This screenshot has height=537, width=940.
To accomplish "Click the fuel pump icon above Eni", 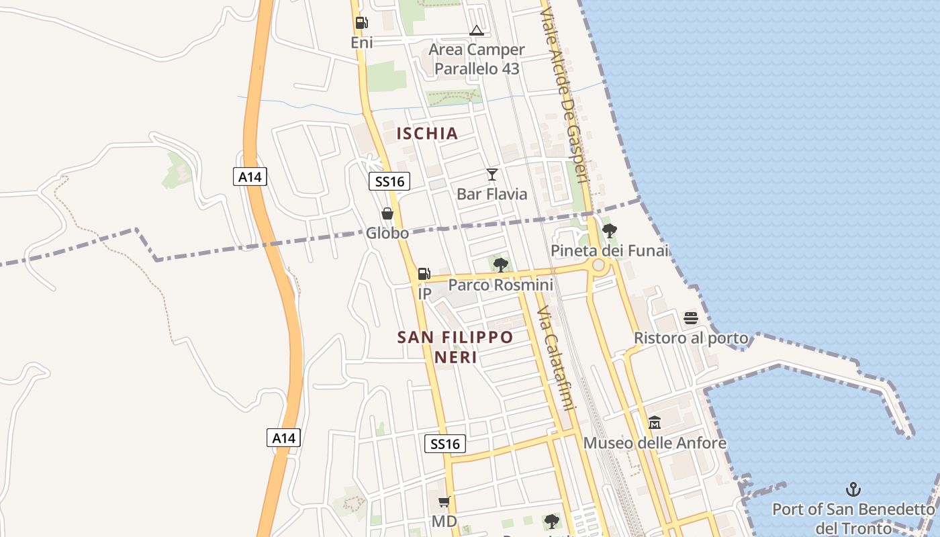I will point(361,23).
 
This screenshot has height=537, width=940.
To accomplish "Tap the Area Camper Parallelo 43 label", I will point(477,59).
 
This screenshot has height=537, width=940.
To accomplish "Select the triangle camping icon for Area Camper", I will point(476,30).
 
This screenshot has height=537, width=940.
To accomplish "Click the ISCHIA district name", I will point(427,133).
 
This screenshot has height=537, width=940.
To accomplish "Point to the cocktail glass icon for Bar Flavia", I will point(492,175).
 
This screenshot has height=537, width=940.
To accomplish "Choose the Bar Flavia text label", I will point(492,194).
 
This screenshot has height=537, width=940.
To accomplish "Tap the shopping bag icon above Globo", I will point(387,214).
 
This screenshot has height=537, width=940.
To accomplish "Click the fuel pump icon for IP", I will point(424,274).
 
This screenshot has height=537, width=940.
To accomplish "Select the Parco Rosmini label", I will point(501,285).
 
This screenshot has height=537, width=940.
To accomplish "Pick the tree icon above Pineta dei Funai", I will point(610,232).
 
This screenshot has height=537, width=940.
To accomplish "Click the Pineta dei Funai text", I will point(610,251).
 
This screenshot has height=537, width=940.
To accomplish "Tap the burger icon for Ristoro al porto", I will point(691,318).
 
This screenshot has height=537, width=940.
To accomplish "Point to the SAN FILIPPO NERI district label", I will point(455,346).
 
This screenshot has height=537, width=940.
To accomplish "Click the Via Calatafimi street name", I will point(557,359).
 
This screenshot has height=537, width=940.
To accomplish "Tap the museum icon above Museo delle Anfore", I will point(655,423).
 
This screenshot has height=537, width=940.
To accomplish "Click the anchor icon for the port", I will point(853,489).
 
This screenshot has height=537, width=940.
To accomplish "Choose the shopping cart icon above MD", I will point(444,502).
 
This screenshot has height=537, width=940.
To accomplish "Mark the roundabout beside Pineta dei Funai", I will point(598,265).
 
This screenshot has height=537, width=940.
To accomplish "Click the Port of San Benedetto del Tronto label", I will point(853,518).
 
